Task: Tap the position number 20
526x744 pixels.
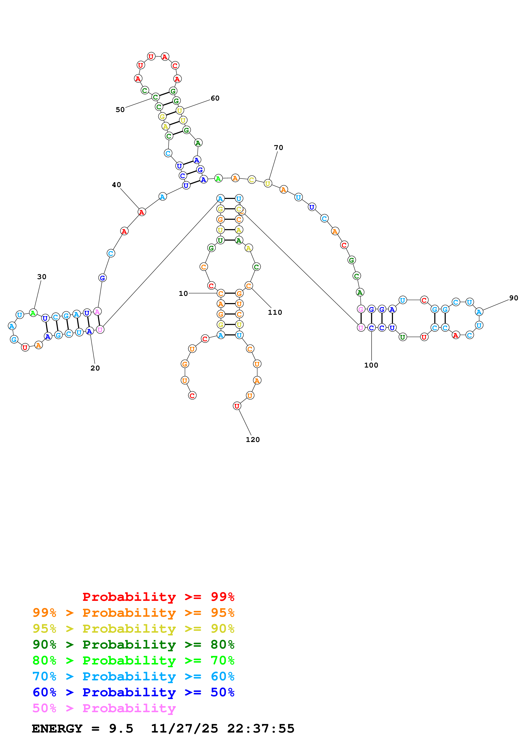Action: (95, 368)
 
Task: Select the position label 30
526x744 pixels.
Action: (42, 277)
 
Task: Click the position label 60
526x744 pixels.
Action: (215, 98)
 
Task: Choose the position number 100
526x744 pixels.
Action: (371, 365)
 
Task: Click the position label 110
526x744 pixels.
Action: (275, 312)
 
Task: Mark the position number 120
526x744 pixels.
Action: (253, 440)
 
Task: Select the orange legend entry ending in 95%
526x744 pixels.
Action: (133, 613)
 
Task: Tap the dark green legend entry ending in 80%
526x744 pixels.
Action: (133, 645)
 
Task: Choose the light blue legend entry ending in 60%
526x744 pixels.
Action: (133, 676)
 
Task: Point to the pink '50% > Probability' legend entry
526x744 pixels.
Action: (104, 708)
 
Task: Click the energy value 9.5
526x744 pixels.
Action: (121, 729)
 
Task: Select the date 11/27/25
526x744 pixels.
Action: (184, 729)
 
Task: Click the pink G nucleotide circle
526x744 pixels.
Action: (361, 309)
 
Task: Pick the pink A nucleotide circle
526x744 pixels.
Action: (97, 312)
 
